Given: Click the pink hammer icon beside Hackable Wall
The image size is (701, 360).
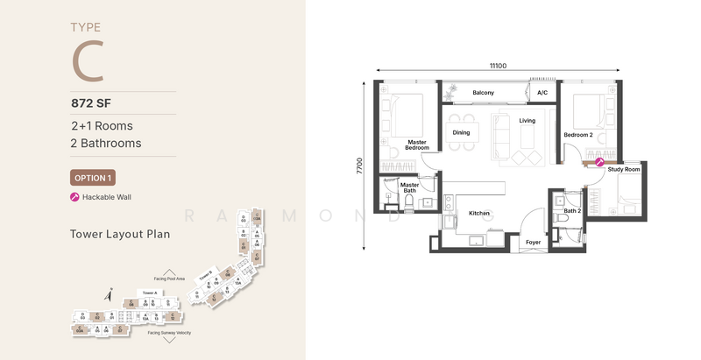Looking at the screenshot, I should [x=74, y=197].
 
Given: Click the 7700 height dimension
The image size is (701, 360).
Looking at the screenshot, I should [x=359, y=166].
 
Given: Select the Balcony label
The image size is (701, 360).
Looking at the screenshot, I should [x=484, y=93].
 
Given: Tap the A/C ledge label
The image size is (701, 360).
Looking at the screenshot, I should [x=542, y=93].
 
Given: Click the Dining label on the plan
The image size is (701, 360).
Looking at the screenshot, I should [x=461, y=133].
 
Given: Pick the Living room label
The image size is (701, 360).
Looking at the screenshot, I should [x=527, y=121].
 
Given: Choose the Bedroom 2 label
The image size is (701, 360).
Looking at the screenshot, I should [x=578, y=135].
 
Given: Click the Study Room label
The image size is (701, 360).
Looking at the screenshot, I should [x=623, y=170].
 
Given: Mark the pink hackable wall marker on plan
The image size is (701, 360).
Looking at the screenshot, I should [x=600, y=161].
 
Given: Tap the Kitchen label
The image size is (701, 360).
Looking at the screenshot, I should [x=478, y=213].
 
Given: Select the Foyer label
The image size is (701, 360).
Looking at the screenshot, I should [x=533, y=242].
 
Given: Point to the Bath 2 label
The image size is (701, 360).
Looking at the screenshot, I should [x=572, y=211].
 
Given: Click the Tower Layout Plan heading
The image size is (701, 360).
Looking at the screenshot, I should [x=119, y=235].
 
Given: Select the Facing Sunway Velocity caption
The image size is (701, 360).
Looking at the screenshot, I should [x=169, y=334].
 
